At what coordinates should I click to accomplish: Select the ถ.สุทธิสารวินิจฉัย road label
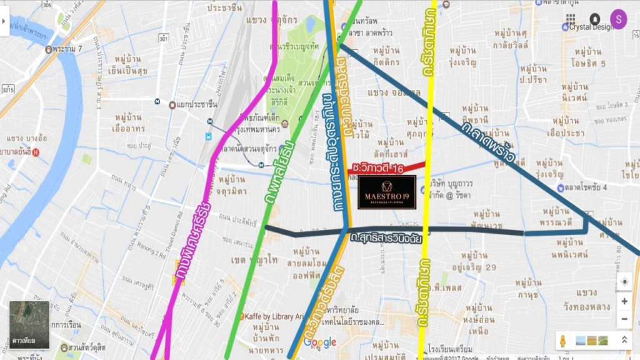pos(386,239)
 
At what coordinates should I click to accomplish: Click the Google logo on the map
pos(320,342)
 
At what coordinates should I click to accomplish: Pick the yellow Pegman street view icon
pos(563,341)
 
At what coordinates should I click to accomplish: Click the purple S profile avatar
pos(618,19)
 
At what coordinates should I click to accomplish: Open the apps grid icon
pos(571,19)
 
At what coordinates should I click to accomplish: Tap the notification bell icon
pos(594,19)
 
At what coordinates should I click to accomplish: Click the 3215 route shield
pos(8,91)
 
